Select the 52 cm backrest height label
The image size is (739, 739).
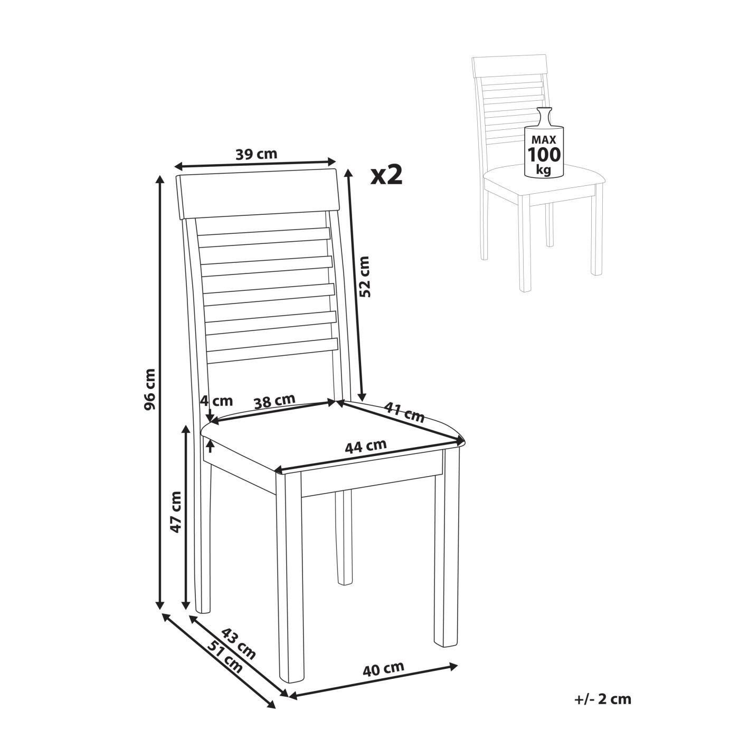point(364,277)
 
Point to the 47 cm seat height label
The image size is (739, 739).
point(176,511)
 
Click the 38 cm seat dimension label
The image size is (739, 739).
point(274,401)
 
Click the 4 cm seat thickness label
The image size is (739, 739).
point(216,401)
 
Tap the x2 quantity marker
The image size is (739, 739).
point(386,175)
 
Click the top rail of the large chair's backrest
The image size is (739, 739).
point(257,194)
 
